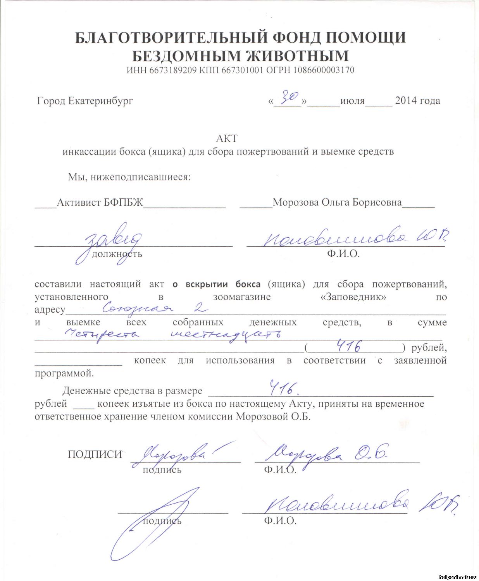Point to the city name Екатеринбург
click(x=100, y=101)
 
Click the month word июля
click(x=352, y=101)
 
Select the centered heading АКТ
click(x=226, y=138)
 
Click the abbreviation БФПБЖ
click(x=123, y=203)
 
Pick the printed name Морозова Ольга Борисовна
click(x=337, y=203)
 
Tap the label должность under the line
click(x=117, y=254)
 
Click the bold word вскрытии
click(x=207, y=284)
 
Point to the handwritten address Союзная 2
click(x=155, y=308)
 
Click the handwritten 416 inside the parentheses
click(x=349, y=346)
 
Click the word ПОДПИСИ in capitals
click(x=95, y=454)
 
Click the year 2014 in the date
click(x=406, y=101)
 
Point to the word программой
click(x=64, y=373)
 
